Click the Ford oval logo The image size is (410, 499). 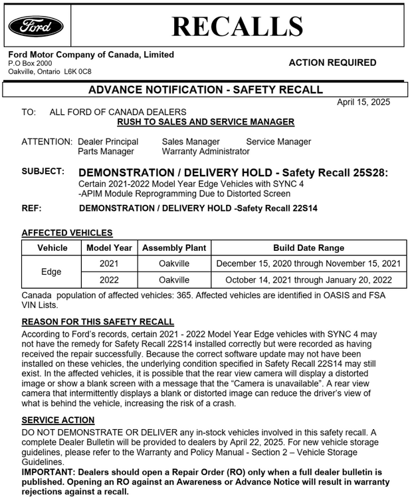36,26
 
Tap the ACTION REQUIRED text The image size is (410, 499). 332,63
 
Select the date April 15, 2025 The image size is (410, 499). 363,102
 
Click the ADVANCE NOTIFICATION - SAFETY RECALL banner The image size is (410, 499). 205,90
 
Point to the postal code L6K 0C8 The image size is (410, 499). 78,71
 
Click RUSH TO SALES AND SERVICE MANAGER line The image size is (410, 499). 205,122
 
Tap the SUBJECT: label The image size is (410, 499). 43,171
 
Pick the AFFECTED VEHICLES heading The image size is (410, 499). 67,233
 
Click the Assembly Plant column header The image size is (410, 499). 174,248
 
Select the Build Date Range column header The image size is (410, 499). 308,248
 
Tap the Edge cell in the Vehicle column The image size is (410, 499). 51,271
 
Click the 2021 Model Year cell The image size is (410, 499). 109,263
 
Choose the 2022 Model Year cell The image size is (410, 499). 109,280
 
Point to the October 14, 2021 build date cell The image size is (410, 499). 308,280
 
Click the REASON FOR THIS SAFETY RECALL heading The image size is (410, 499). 98,322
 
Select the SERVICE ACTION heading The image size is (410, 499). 58,420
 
